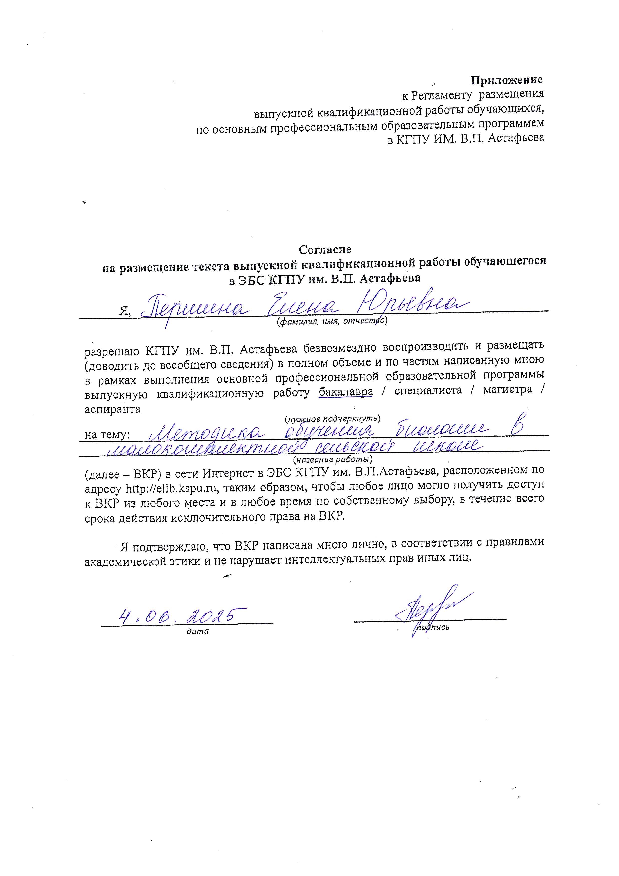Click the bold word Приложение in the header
[x=507, y=80]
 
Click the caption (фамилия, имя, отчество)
[x=332, y=322]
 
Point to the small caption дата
[x=198, y=632]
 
